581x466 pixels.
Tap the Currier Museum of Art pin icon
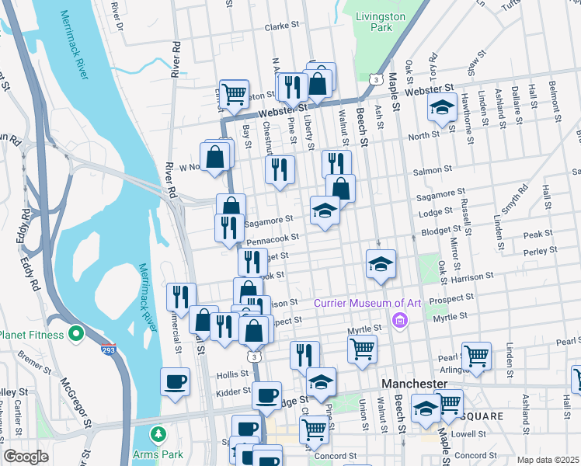(x=400, y=318)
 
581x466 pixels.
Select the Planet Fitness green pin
(x=75, y=335)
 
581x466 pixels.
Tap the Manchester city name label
(x=414, y=384)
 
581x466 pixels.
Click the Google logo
(x=26, y=457)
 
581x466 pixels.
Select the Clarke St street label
(x=282, y=26)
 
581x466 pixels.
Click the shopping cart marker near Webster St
(x=234, y=95)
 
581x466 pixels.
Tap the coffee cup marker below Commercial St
(x=175, y=382)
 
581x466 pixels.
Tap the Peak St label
(x=538, y=234)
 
